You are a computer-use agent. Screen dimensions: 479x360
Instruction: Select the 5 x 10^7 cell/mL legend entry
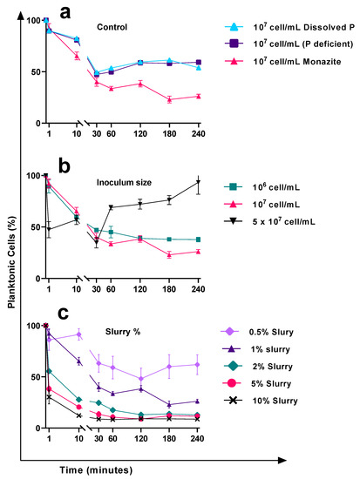288,221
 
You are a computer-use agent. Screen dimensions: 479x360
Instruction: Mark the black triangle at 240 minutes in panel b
198,182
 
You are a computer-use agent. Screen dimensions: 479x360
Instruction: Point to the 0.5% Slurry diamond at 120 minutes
141,378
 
